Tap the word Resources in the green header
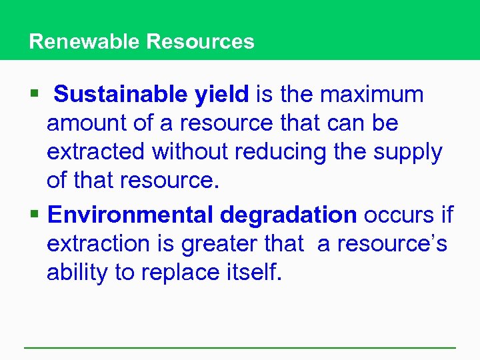pos(200,41)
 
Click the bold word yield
pos(222,95)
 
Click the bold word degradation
pos(288,215)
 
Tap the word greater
pos(215,244)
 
